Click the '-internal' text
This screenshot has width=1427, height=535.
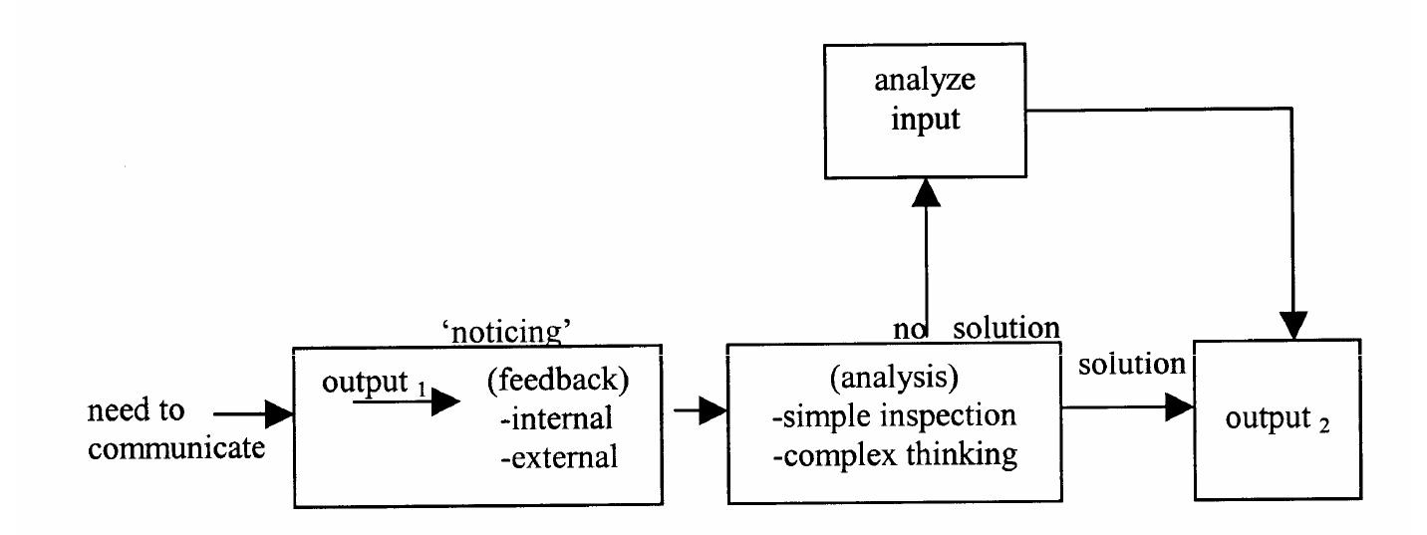point(555,420)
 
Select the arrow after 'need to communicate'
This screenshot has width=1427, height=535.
point(253,410)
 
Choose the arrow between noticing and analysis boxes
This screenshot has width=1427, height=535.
point(699,409)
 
